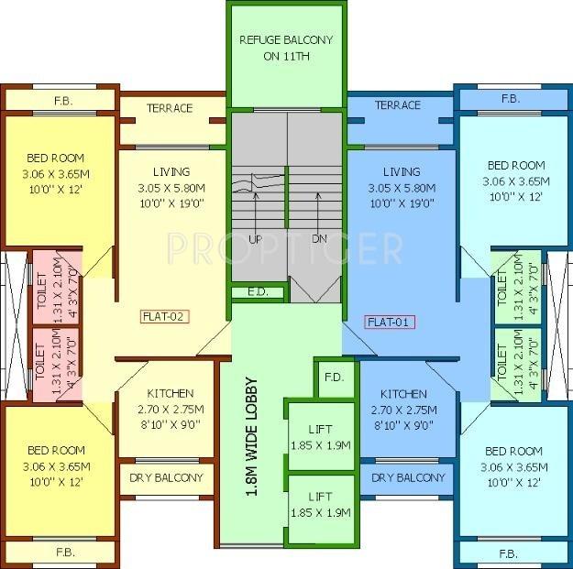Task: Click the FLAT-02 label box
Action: click(x=164, y=317)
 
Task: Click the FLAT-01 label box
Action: click(x=390, y=322)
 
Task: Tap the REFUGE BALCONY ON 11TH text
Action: click(x=285, y=47)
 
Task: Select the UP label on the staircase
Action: click(x=257, y=239)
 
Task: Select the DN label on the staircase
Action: click(x=318, y=239)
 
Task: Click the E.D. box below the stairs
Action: click(x=258, y=292)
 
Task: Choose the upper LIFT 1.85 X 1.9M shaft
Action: click(x=320, y=436)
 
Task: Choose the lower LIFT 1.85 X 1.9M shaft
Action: click(x=320, y=504)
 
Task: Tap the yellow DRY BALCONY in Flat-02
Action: click(x=165, y=477)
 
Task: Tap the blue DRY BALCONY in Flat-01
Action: click(x=408, y=477)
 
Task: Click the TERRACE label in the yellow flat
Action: click(x=171, y=108)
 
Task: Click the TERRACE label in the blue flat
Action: click(x=397, y=105)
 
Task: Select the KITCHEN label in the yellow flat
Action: click(x=166, y=395)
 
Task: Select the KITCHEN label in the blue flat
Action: click(x=404, y=395)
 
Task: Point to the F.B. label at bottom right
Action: click(x=509, y=554)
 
